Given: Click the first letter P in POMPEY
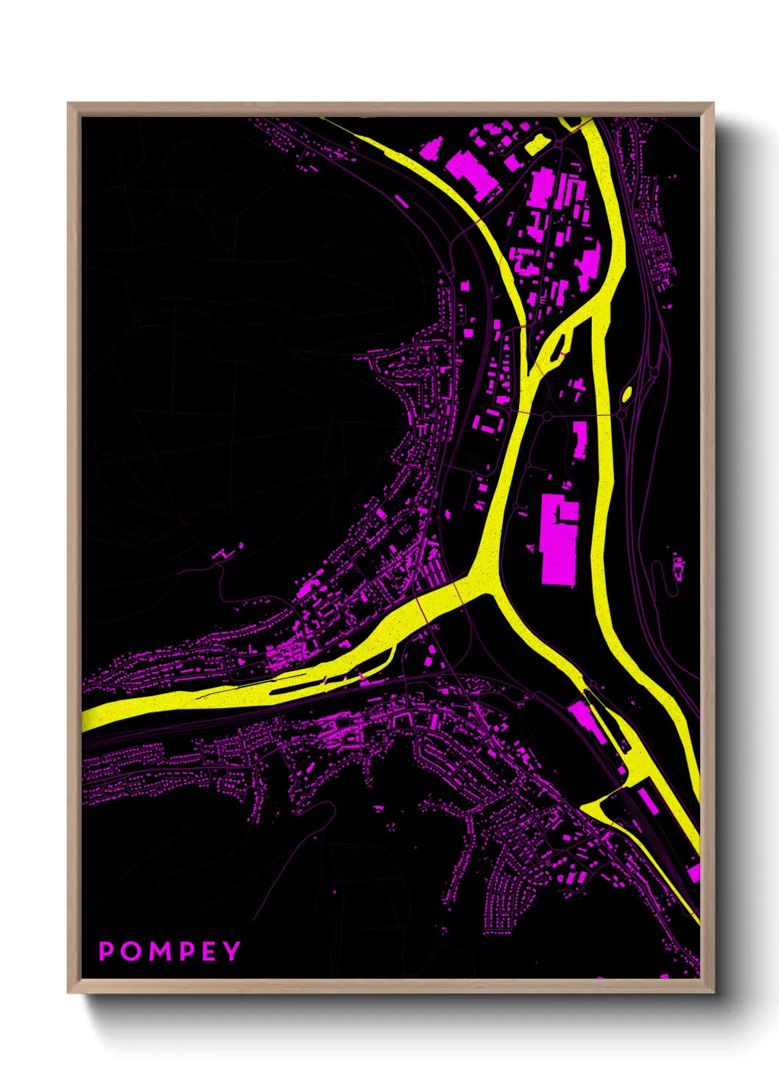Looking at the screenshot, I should [x=107, y=951].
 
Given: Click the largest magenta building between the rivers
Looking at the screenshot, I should [x=558, y=541].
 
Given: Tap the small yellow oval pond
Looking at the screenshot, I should [x=627, y=394].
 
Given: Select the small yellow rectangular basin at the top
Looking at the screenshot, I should [x=537, y=144].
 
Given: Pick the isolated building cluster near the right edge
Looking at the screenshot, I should [x=678, y=567].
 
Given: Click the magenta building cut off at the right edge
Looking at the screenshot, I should [x=693, y=871].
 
